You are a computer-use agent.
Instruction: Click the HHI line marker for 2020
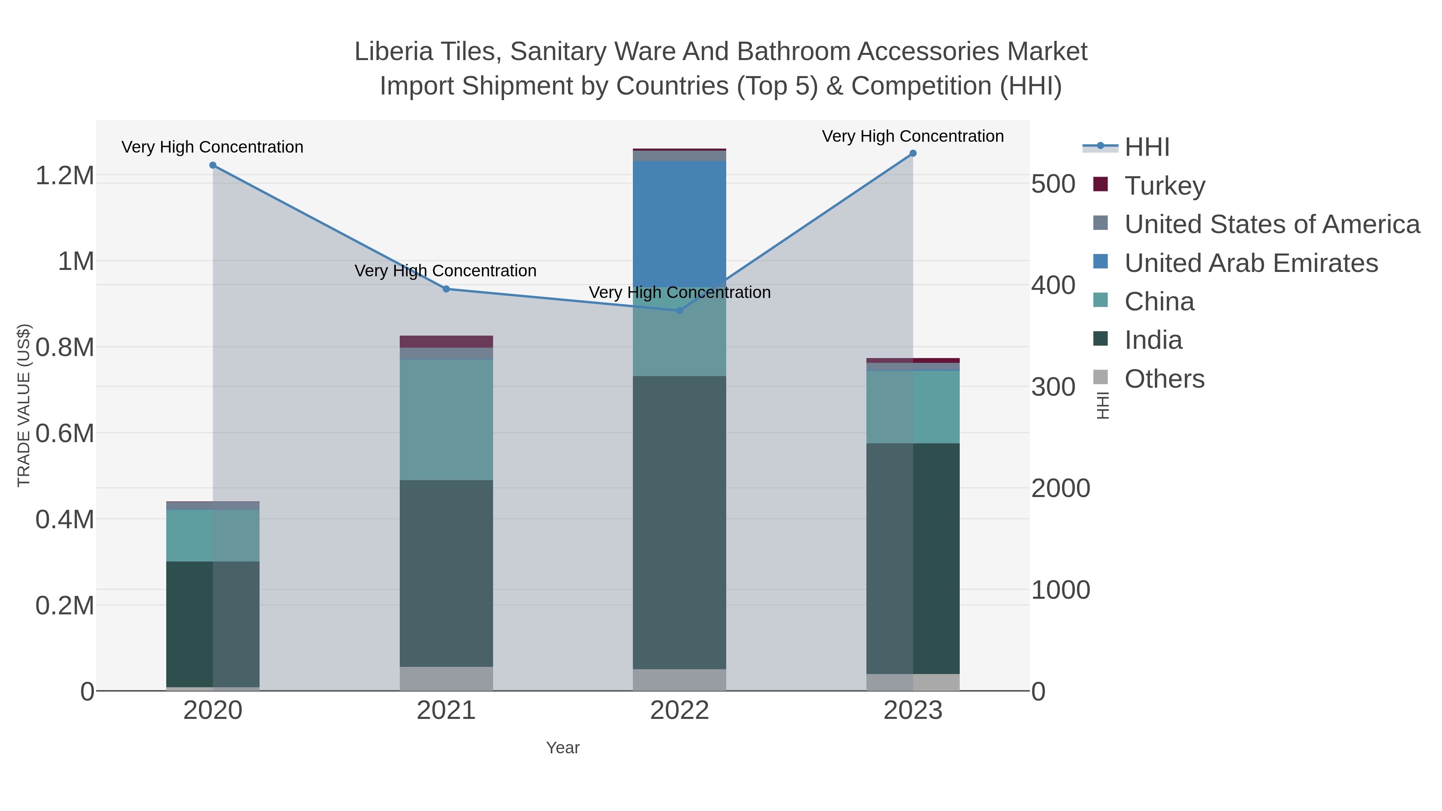point(213,165)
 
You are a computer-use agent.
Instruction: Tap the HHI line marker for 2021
point(446,289)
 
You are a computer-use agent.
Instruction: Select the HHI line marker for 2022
point(680,310)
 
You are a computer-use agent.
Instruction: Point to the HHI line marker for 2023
point(913,153)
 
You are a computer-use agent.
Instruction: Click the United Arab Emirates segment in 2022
point(680,224)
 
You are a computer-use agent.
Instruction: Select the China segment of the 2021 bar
point(446,420)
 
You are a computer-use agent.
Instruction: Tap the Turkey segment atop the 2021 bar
point(446,341)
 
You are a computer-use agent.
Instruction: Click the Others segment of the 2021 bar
point(446,678)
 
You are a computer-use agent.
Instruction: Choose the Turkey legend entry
point(1165,186)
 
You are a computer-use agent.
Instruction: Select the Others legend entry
point(1164,379)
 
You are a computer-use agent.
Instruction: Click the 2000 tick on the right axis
point(1060,488)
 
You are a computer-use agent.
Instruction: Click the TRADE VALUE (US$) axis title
point(24,405)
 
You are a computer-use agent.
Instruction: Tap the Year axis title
point(563,748)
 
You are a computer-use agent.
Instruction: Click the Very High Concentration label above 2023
point(912,136)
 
